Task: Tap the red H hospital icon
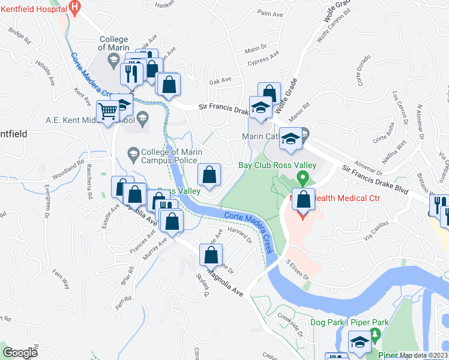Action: tap(74, 8)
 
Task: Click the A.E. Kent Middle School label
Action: tap(90, 119)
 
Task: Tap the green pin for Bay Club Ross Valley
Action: tap(303, 178)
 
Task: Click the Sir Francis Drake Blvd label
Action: tap(376, 178)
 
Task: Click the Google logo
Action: tap(20, 353)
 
